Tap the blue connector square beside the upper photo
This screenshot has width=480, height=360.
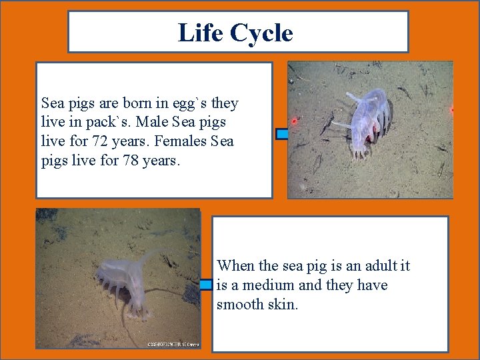[283, 134]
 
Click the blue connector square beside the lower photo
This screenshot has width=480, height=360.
[206, 285]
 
